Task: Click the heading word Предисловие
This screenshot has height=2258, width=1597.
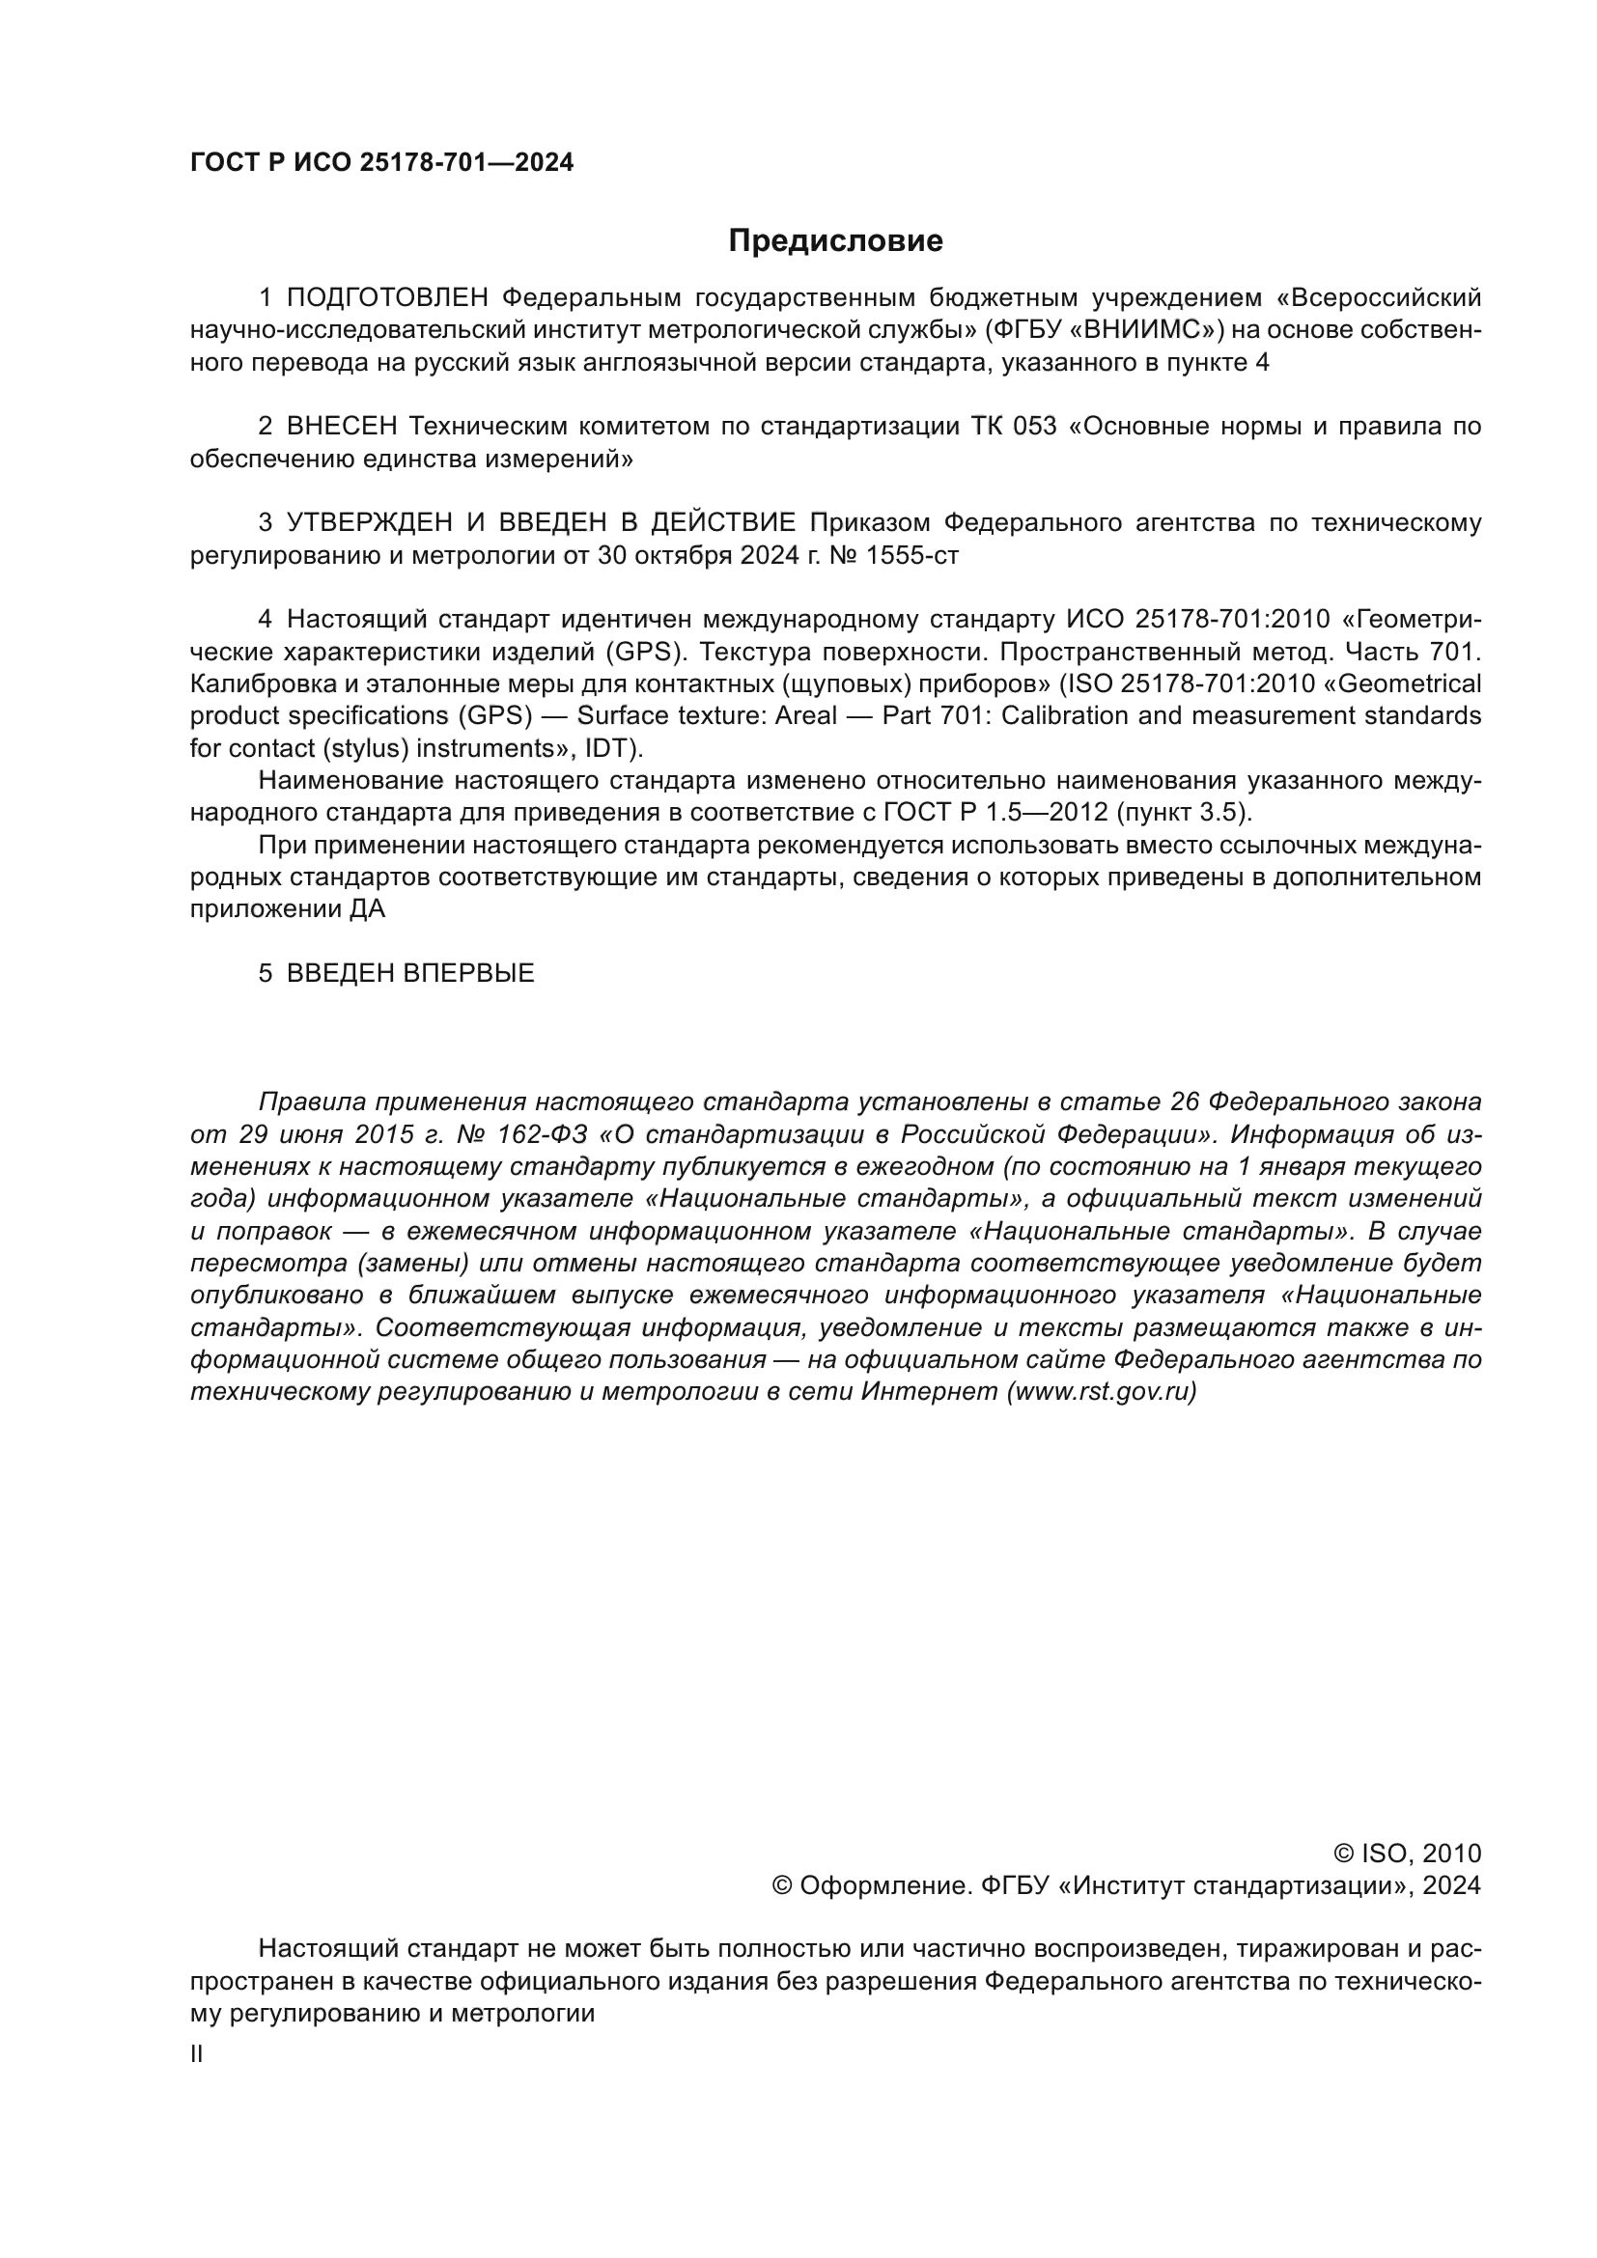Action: point(835,241)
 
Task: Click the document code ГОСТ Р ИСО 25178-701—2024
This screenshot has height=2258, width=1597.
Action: point(381,163)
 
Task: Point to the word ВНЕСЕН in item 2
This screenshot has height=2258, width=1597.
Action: point(342,427)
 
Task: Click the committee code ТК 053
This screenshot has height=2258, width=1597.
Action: point(1013,427)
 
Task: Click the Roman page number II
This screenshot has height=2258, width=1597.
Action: point(197,2054)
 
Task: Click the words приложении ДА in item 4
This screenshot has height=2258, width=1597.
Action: point(287,909)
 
